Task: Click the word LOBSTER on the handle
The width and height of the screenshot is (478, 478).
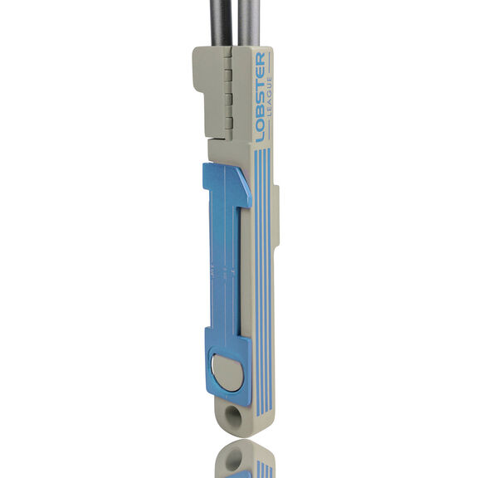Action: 261,97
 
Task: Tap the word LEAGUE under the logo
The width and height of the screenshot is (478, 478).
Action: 269,96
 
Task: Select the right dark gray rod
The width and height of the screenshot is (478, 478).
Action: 249,24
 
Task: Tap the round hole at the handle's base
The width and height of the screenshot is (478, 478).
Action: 233,416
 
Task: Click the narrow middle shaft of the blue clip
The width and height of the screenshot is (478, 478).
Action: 225,268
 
